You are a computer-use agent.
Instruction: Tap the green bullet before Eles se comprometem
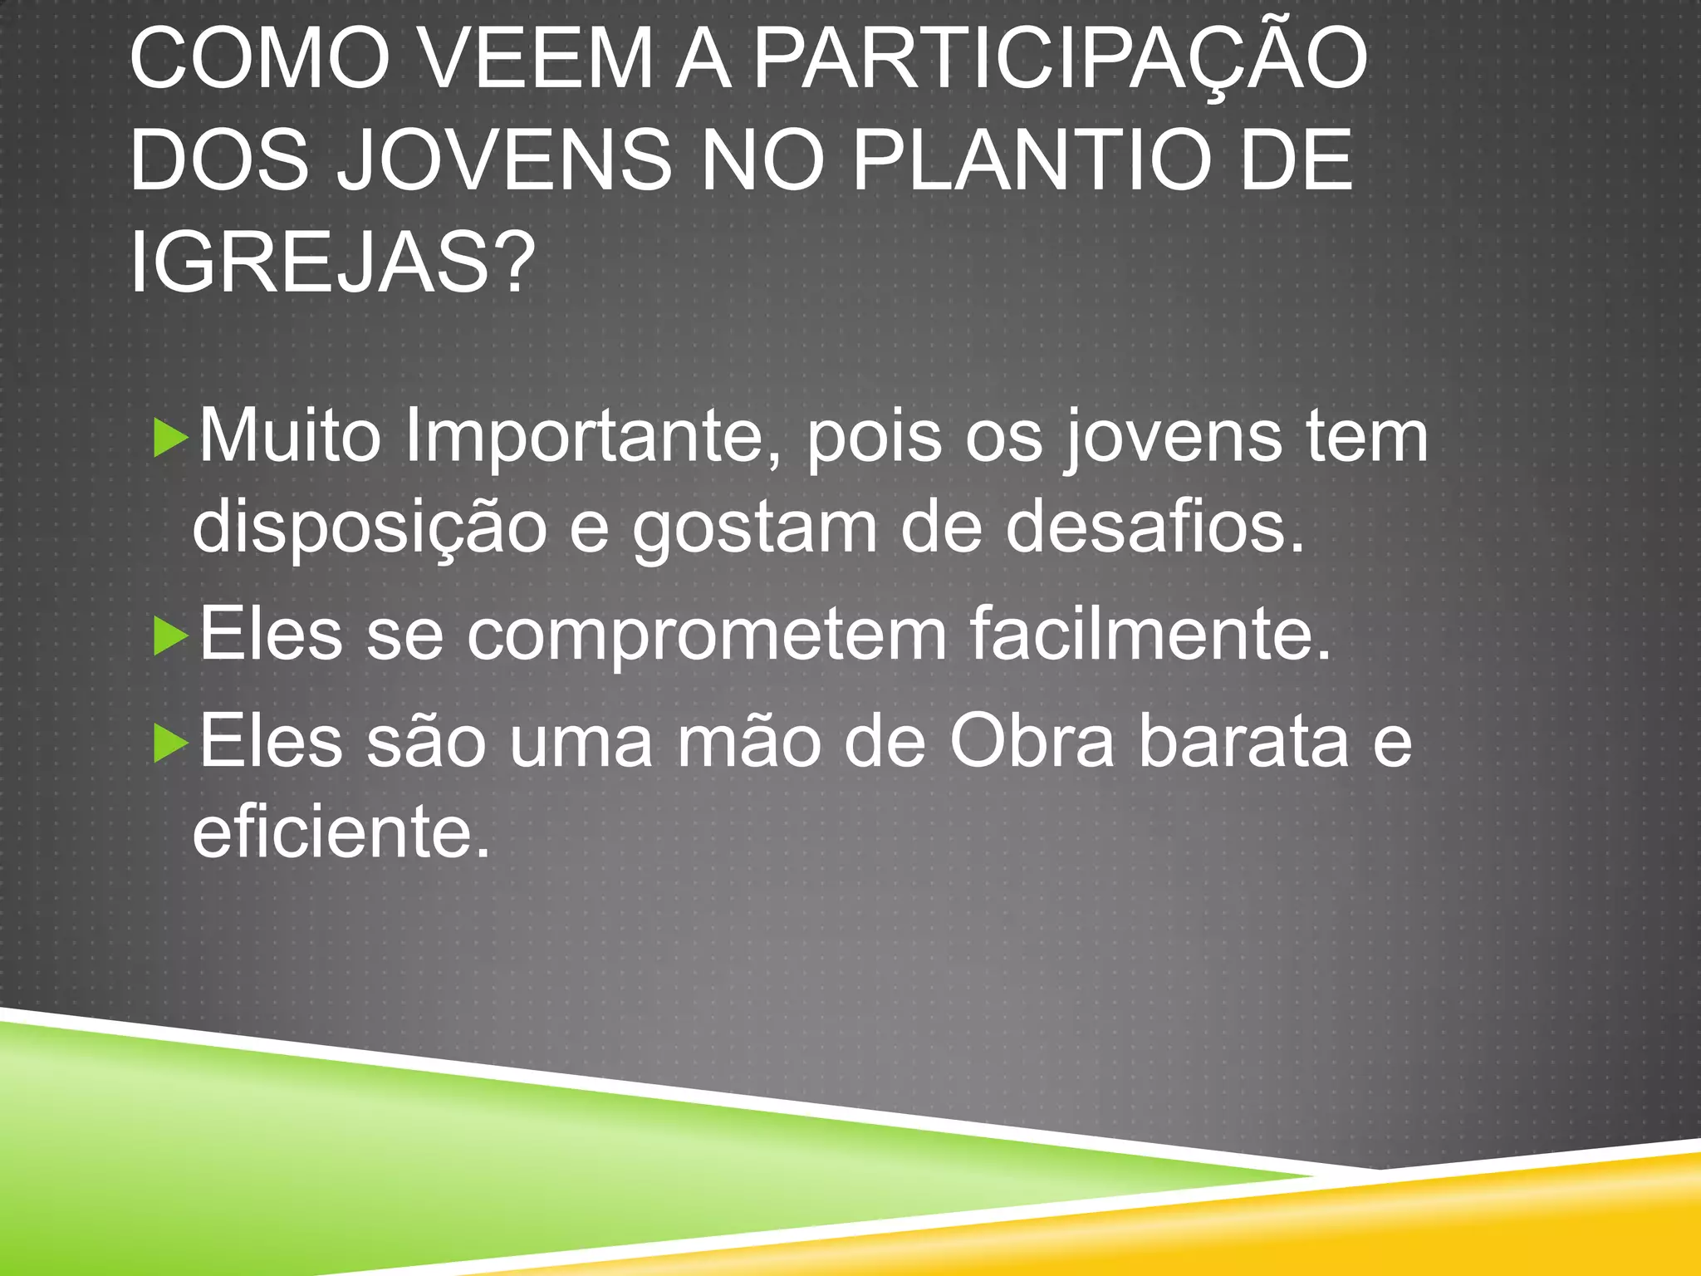(x=171, y=637)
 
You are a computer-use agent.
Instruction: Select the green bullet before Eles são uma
(x=171, y=744)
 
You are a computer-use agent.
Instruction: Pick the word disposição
(x=369, y=528)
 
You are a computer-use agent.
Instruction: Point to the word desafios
(x=1154, y=528)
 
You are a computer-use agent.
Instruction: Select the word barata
(x=1243, y=742)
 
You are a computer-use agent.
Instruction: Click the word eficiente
(x=341, y=832)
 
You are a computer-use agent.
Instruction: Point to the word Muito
(x=290, y=437)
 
